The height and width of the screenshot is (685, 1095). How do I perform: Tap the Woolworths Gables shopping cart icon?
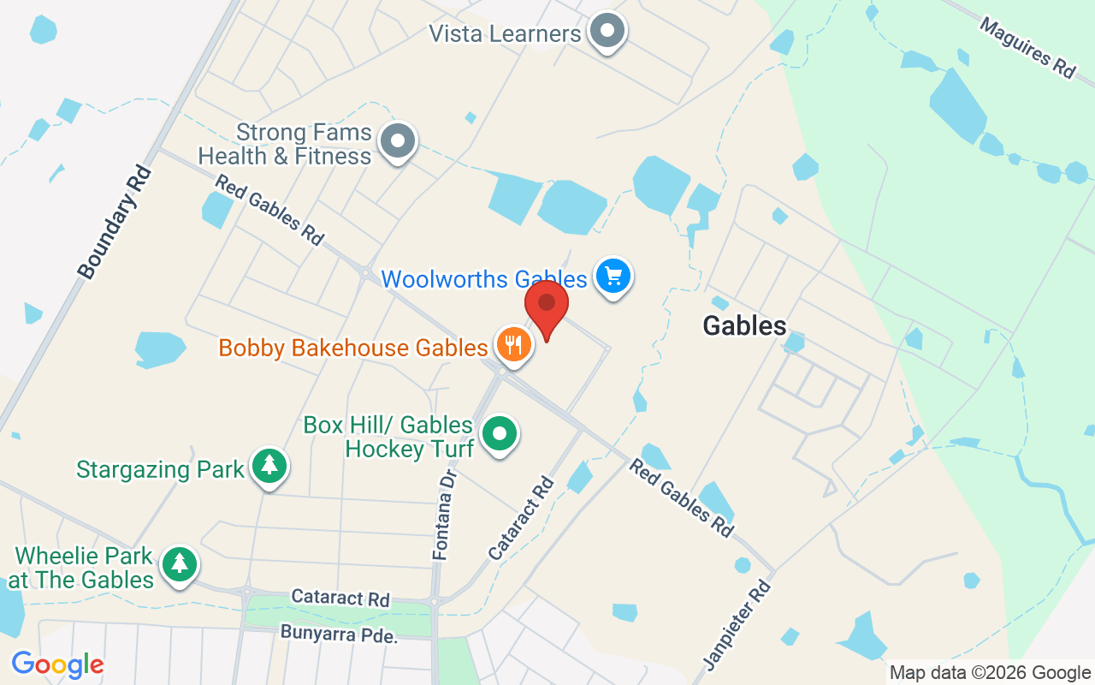(x=613, y=277)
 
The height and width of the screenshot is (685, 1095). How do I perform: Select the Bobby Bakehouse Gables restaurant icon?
(x=512, y=345)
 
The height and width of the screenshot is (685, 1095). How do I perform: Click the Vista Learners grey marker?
(x=607, y=31)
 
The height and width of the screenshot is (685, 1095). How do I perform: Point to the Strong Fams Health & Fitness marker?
(x=397, y=140)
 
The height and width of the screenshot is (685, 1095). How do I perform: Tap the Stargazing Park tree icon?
(x=270, y=466)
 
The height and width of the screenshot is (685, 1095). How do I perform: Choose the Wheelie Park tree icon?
(x=179, y=563)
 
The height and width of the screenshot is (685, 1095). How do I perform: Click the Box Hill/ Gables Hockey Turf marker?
(x=499, y=433)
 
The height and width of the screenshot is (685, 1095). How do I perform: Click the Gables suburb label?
(x=744, y=325)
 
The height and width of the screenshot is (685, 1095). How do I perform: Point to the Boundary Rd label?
(x=115, y=223)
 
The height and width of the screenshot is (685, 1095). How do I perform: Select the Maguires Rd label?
(x=1027, y=48)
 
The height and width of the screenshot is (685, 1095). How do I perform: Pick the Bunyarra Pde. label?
(x=340, y=635)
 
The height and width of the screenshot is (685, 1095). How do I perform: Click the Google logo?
(x=57, y=664)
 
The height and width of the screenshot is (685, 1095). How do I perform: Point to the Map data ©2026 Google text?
(x=990, y=673)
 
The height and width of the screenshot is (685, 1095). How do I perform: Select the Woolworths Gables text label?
(x=484, y=278)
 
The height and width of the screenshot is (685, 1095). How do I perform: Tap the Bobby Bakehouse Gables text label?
(x=353, y=348)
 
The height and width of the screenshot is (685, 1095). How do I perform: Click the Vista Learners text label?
(x=505, y=33)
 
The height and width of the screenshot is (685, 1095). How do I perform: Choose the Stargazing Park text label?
(x=160, y=469)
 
